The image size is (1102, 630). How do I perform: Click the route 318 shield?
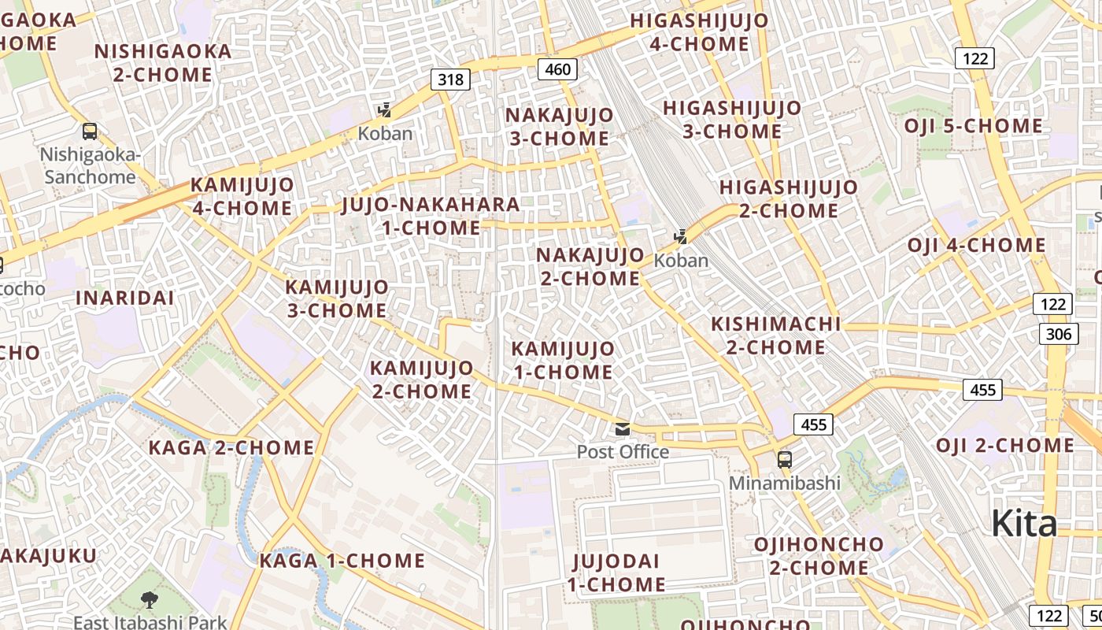pyautogui.click(x=450, y=79)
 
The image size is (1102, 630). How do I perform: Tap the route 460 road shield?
pyautogui.click(x=557, y=69)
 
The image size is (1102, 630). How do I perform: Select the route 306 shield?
pyautogui.click(x=1059, y=334)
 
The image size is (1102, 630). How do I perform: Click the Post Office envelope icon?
pyautogui.click(x=623, y=429)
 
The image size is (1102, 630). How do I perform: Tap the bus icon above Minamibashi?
pyautogui.click(x=784, y=460)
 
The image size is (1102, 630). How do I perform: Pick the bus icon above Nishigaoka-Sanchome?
pyautogui.click(x=90, y=132)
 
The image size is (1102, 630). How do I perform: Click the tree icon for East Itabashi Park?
pyautogui.click(x=149, y=601)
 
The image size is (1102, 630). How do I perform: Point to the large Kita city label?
pyautogui.click(x=1023, y=523)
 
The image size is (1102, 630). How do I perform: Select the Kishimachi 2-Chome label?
pyautogui.click(x=775, y=335)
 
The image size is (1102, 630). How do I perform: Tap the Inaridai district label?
pyautogui.click(x=124, y=298)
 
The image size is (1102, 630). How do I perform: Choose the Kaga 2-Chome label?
pyautogui.click(x=231, y=448)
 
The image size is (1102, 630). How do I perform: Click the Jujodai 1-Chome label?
pyautogui.click(x=616, y=573)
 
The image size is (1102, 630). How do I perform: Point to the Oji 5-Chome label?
pyautogui.click(x=973, y=126)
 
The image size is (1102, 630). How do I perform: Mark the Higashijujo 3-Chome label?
pyautogui.click(x=732, y=120)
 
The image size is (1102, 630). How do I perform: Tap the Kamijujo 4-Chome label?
pyautogui.click(x=242, y=197)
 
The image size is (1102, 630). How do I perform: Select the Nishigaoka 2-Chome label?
pyautogui.click(x=163, y=63)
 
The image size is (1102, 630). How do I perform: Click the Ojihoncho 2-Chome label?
pyautogui.click(x=819, y=556)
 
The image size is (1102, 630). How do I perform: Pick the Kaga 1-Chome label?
pyautogui.click(x=342, y=561)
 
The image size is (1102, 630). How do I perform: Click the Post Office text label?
pyautogui.click(x=623, y=452)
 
